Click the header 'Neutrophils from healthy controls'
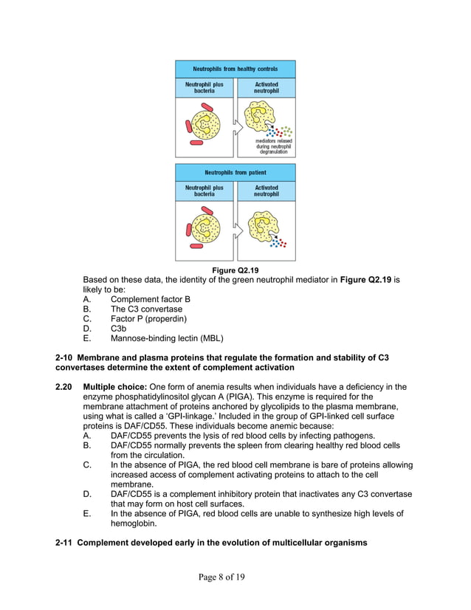click(235, 69)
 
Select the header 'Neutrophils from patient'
click(235, 172)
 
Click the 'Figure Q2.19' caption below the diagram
click(235, 270)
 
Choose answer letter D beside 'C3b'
click(88, 328)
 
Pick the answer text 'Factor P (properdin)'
click(148, 318)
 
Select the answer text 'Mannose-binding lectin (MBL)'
click(167, 338)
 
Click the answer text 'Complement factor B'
click(151, 299)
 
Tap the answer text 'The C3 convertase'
click(146, 309)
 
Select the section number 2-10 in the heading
click(65, 357)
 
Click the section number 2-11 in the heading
click(65, 544)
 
